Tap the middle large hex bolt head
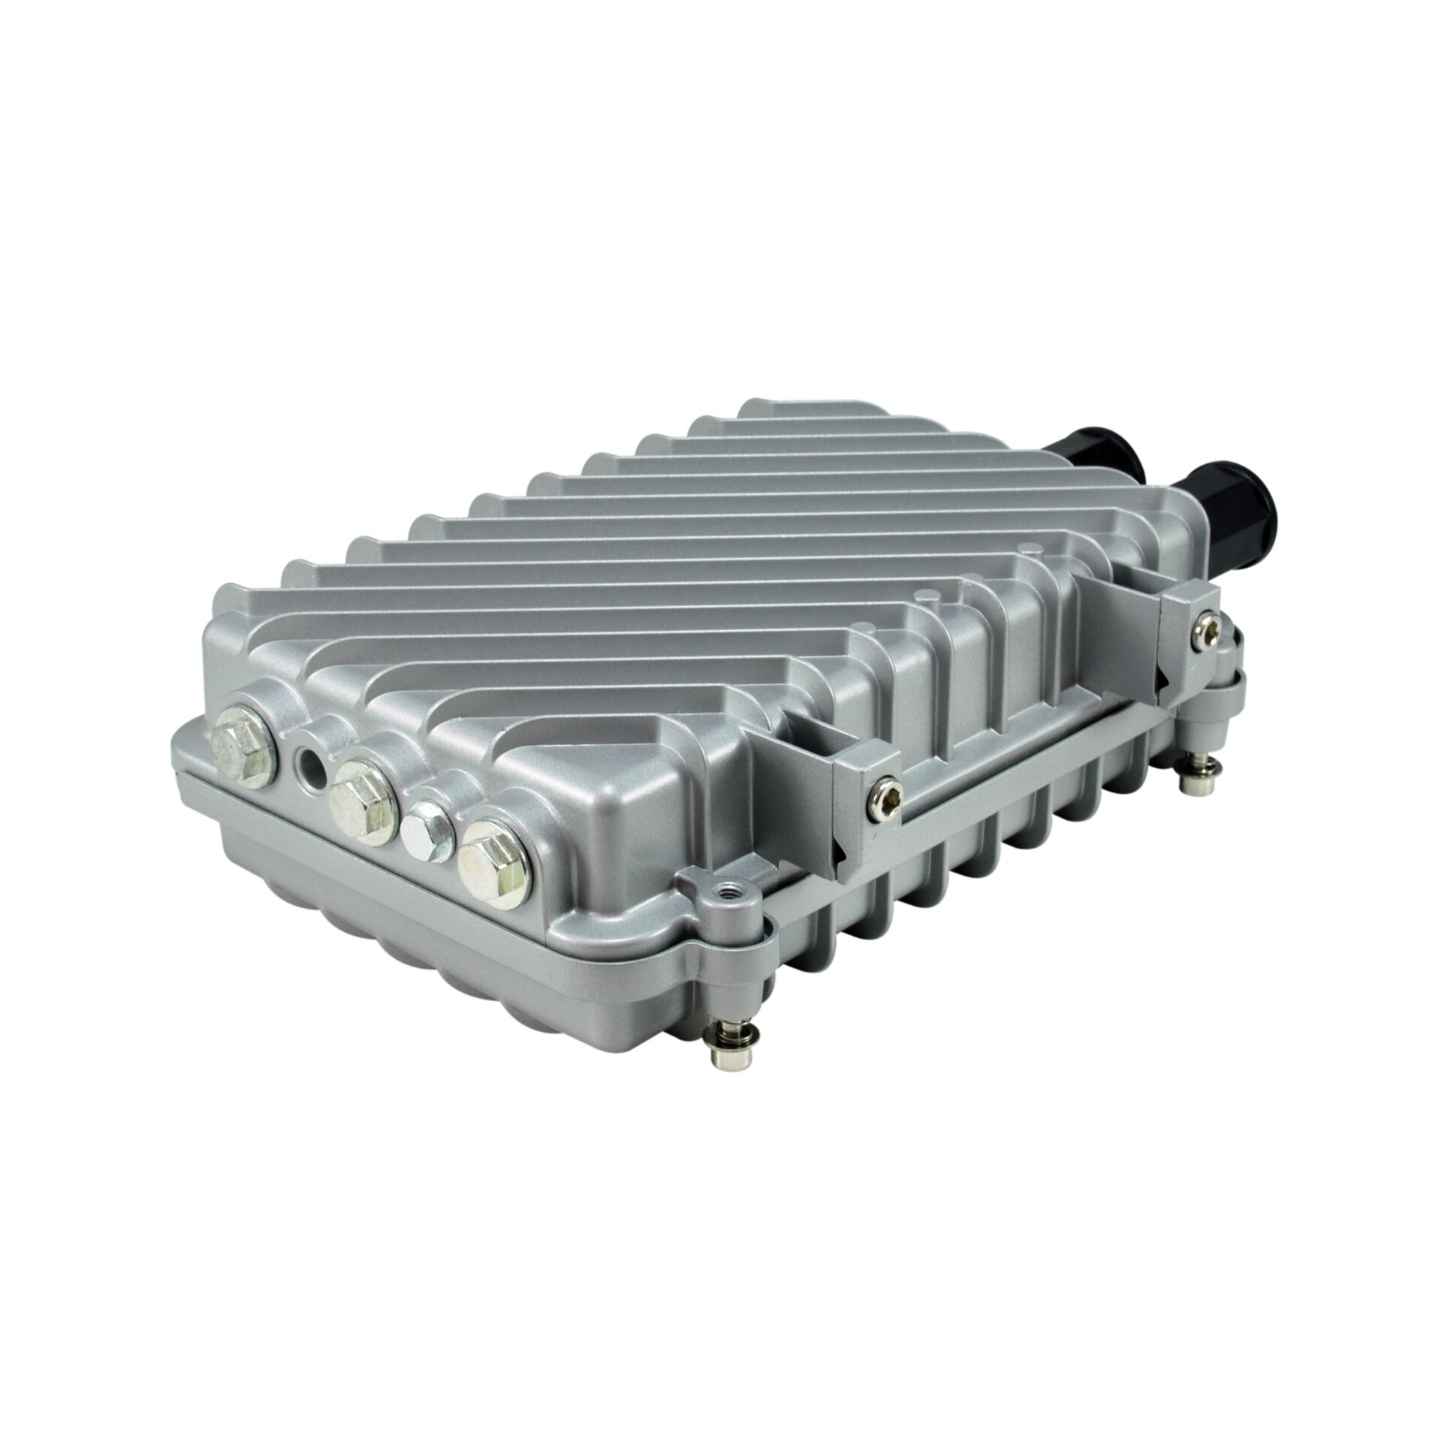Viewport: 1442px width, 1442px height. (364, 796)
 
